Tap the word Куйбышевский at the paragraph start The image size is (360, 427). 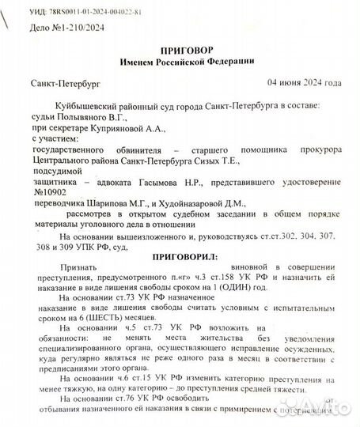[x=86, y=105]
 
